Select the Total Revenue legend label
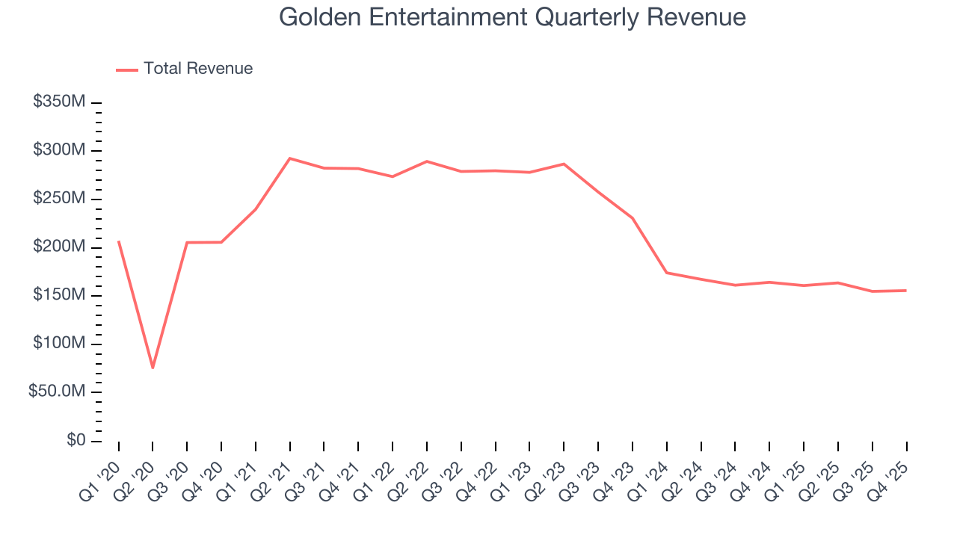pyautogui.click(x=198, y=69)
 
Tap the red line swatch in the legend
pyautogui.click(x=127, y=69)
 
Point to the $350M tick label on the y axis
pyautogui.click(x=59, y=102)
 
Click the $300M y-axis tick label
pyautogui.click(x=59, y=151)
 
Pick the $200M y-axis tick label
pyautogui.click(x=59, y=247)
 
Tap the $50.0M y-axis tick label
pyautogui.click(x=55, y=392)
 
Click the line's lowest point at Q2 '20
pyautogui.click(x=153, y=368)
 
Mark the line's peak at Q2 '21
pyautogui.click(x=289, y=158)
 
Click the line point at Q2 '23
pyautogui.click(x=564, y=164)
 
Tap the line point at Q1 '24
pyautogui.click(x=666, y=273)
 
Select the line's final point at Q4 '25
pyautogui.click(x=906, y=291)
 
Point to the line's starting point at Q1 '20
pyautogui.click(x=118, y=241)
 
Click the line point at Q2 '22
pyautogui.click(x=426, y=161)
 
